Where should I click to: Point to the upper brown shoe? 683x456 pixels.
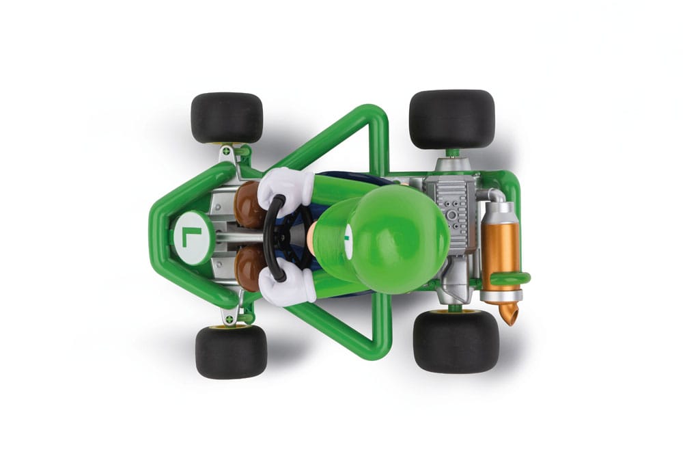(250, 205)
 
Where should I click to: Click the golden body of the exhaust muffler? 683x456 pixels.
(501, 246)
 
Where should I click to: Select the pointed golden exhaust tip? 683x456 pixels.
(508, 314)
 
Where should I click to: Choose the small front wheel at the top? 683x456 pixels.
(227, 118)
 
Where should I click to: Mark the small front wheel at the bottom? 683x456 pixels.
(231, 351)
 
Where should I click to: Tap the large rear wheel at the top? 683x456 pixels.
(451, 119)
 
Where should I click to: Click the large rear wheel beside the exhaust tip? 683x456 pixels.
(456, 341)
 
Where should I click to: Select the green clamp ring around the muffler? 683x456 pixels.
(510, 278)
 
